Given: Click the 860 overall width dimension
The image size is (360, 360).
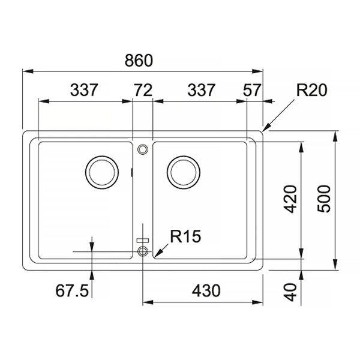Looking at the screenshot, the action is pos(139,61).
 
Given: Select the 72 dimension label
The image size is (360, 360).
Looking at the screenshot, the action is pos(143,90).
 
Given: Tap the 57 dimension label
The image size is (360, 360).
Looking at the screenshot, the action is pos(252,90).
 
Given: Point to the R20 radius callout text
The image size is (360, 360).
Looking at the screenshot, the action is pos(311,90).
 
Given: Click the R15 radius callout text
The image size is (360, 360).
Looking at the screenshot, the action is pos(185,236).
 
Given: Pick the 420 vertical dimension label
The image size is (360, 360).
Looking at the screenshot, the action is pos(290,199).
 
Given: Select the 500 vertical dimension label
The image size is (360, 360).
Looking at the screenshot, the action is pos(324,199).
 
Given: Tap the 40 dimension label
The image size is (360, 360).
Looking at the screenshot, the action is pos(290,292).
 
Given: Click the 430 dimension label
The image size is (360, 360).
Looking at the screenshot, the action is pos(206,290).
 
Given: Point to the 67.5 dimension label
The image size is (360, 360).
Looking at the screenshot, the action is pos(72,290).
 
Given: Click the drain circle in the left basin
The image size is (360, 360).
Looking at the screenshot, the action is pos(102,172).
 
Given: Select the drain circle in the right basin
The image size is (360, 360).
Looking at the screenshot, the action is pos(184,172).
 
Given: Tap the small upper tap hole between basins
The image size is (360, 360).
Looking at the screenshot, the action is pos(143,149).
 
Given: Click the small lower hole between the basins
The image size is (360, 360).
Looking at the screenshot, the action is pos(143,251).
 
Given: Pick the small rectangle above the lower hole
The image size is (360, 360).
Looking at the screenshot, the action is pos(143,241).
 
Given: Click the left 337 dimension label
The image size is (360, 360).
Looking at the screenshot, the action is pos(84,90).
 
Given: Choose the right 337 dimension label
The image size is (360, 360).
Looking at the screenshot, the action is pos(202,90).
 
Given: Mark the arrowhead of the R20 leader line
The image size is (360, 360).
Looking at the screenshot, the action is pos(264,130).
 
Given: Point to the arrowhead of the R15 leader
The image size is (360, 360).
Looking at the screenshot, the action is pos(156,255).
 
